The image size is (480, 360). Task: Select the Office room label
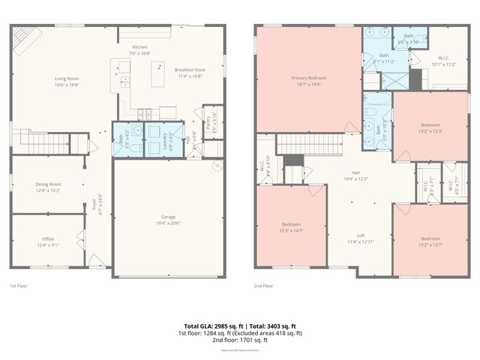[x=48, y=239]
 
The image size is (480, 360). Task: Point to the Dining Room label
[x=48, y=184]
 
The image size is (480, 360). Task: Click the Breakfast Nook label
[x=190, y=69]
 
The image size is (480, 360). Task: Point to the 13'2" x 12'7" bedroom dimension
[x=430, y=243]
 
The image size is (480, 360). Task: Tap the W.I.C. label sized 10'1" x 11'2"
[x=444, y=64]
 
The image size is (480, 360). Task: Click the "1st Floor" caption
[x=19, y=286]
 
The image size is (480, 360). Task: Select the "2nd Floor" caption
[x=263, y=286]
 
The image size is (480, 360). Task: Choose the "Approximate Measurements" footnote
[x=240, y=350]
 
